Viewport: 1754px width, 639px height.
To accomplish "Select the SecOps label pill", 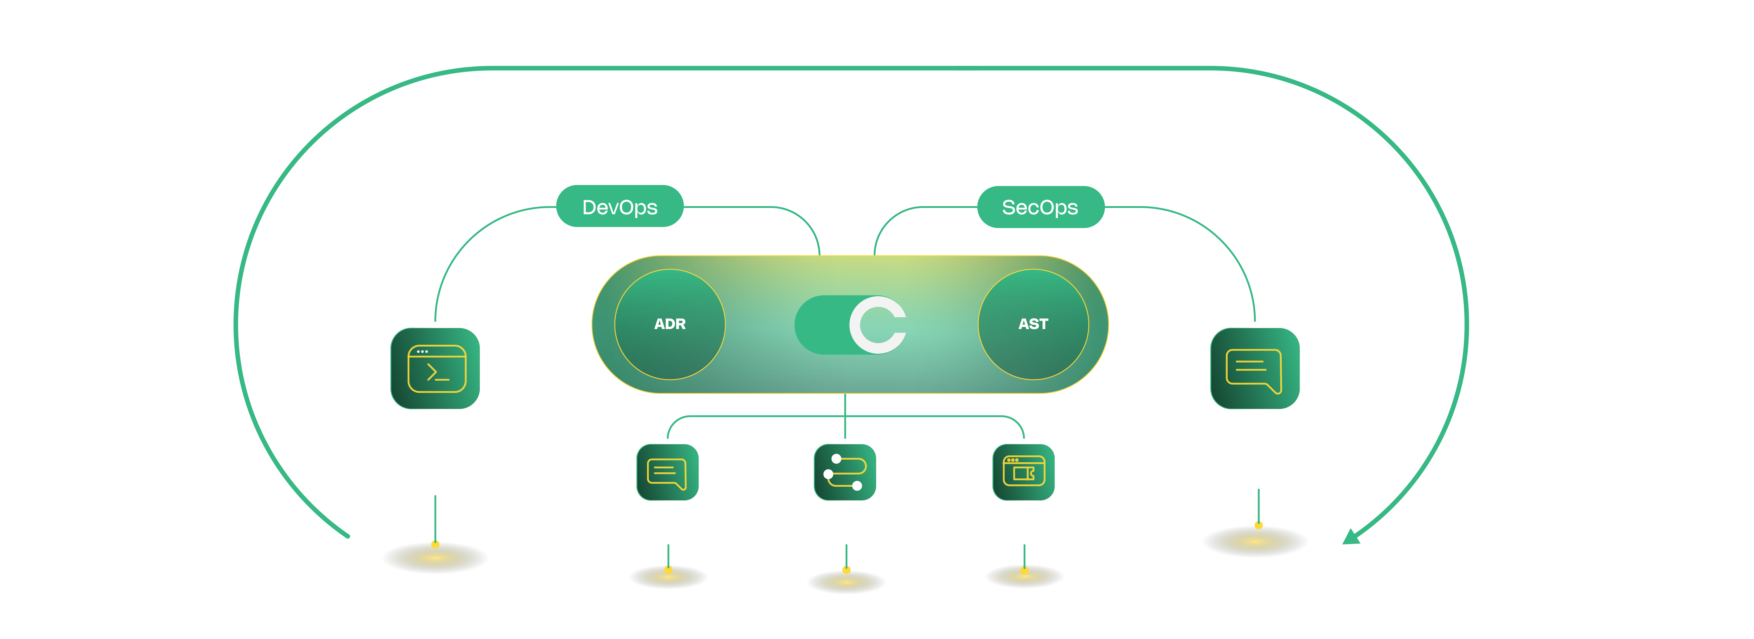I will click(1040, 207).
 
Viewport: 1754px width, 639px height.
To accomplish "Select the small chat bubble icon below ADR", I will click(667, 472).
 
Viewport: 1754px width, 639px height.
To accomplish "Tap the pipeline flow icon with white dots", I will click(845, 472).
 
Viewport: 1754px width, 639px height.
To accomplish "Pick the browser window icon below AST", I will click(1023, 472).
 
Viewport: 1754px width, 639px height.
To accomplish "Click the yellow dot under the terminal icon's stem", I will click(435, 544).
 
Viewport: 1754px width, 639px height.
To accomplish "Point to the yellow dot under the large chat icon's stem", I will click(1258, 525).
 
